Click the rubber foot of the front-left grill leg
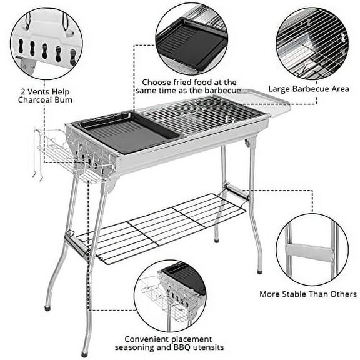click(49, 307)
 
